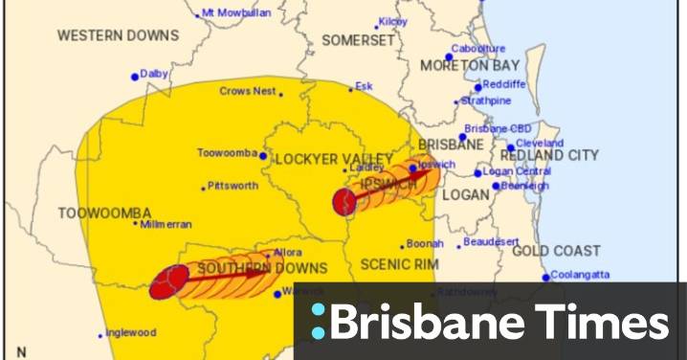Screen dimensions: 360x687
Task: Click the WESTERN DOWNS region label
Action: click(118, 35)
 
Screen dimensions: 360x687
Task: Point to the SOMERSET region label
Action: click(358, 41)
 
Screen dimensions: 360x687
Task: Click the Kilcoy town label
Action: click(392, 21)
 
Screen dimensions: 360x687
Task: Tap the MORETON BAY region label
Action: click(471, 66)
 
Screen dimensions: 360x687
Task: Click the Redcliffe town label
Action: click(505, 85)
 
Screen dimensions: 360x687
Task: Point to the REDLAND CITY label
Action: click(550, 155)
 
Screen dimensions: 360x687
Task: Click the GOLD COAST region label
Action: click(556, 252)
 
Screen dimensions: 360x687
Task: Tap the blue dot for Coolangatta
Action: click(546, 278)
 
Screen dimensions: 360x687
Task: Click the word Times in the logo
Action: click(601, 321)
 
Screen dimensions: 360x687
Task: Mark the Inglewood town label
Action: click(131, 333)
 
